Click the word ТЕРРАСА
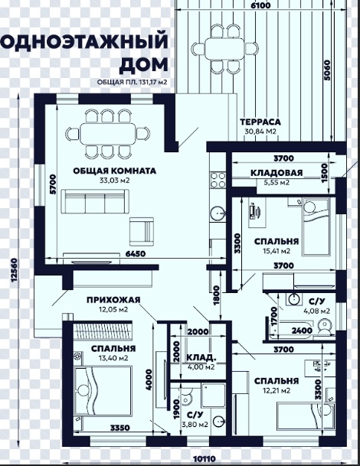coord(260,122)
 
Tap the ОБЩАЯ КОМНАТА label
coord(115,171)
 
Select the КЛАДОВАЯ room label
coord(277,173)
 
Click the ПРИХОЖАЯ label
coord(113,300)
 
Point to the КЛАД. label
coord(201,357)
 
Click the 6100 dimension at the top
coord(260,5)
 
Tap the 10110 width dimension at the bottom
coord(204,459)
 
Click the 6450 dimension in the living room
coord(136,253)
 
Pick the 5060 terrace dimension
coord(327,70)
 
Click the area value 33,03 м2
coord(115,181)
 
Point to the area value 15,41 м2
coord(277,251)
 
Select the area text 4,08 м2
coord(316,311)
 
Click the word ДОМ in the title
coord(144,65)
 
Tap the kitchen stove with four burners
coord(218,181)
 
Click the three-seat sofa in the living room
coord(95,201)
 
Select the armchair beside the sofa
coord(142,232)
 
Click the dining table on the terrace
coord(224,49)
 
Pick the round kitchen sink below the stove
coord(218,213)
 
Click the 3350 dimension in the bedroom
coord(120,428)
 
